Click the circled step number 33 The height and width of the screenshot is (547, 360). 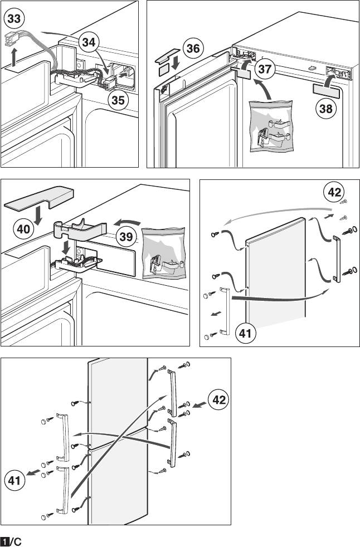pos(14,18)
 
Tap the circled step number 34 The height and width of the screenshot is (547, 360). pos(89,42)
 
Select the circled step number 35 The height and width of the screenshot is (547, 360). pos(118,100)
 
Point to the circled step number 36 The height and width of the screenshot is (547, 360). pos(193,48)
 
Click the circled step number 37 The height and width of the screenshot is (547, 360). pos(264,69)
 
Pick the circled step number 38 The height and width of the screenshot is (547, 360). pos(326,109)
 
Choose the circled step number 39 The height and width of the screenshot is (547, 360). pos(126,237)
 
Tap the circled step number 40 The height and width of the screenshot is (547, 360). pos(23,229)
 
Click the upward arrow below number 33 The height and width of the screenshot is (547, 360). pos(13,57)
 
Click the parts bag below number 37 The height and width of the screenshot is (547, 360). pos(271,126)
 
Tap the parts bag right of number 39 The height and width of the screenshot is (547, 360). pos(163,253)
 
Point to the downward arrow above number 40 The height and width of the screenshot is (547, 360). pos(38,216)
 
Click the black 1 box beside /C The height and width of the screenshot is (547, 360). pos(4,542)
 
